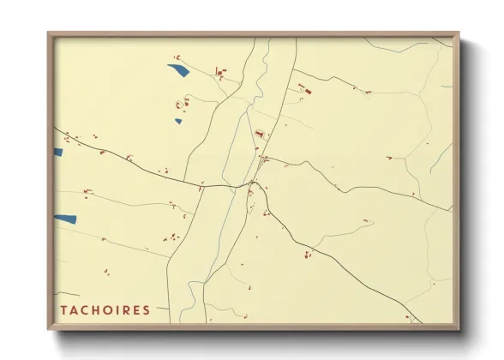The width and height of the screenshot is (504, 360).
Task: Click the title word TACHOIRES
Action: coord(105,310)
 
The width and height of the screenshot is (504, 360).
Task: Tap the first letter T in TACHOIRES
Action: coord(63,310)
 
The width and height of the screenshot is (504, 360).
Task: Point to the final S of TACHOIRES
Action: coord(146,310)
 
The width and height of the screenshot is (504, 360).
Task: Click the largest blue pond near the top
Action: coord(179,70)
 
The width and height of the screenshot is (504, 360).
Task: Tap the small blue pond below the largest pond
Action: coord(178,121)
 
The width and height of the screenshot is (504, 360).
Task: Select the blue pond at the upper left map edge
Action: coord(58,153)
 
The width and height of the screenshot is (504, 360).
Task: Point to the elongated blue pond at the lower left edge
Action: coord(66,219)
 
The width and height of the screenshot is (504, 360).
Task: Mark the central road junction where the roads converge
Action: coord(252,183)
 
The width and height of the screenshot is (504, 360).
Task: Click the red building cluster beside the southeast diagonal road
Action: coord(306,254)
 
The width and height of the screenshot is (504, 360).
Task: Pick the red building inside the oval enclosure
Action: coord(259,134)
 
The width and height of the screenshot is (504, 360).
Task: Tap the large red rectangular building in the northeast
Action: coord(308,89)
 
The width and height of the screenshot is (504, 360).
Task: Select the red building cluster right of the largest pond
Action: coord(220,74)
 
